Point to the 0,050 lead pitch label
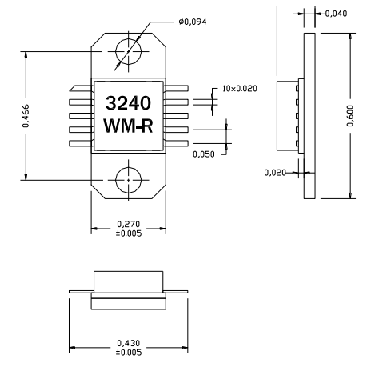point(205,154)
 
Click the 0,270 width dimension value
point(129,224)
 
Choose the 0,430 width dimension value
point(129,344)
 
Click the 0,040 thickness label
point(337,14)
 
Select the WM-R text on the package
point(129,126)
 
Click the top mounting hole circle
point(129,53)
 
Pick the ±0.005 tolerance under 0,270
point(129,233)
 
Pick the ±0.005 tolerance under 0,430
point(129,353)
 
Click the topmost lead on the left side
point(82,91)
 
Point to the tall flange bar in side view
point(308,117)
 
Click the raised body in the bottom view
point(129,281)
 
